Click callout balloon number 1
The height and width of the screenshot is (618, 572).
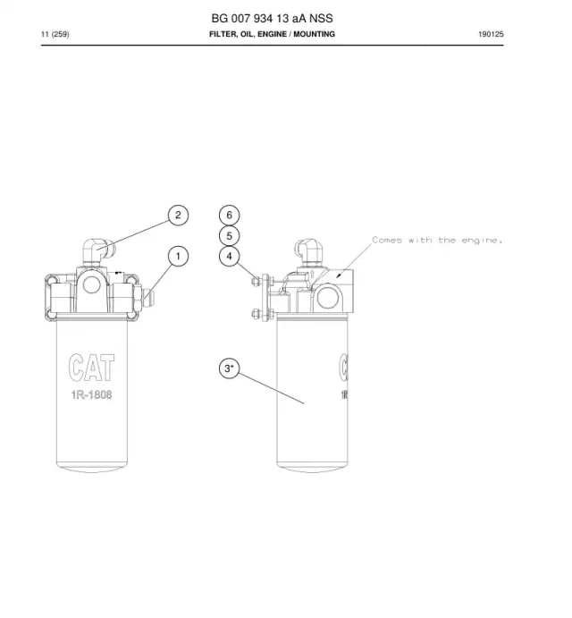click(x=178, y=257)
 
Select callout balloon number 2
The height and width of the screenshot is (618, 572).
click(x=178, y=216)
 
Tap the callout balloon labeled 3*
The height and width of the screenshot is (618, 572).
click(x=229, y=368)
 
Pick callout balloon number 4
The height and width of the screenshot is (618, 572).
click(x=229, y=257)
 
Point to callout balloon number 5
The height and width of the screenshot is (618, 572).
click(x=229, y=236)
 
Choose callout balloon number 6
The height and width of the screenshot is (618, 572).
click(x=229, y=216)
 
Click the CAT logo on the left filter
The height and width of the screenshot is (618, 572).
click(x=92, y=368)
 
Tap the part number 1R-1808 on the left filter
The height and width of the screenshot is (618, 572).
click(x=92, y=394)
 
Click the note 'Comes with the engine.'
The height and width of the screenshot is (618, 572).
click(x=437, y=240)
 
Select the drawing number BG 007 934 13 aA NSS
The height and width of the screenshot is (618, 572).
click(x=273, y=19)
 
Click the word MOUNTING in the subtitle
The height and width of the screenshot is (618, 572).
click(x=314, y=34)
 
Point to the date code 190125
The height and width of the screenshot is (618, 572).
click(x=491, y=34)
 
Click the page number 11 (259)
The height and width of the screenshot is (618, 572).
click(x=55, y=34)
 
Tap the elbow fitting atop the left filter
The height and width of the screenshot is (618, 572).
click(x=97, y=252)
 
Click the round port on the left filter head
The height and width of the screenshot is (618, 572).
click(x=91, y=284)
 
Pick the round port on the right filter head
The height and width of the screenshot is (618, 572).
click(x=327, y=298)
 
